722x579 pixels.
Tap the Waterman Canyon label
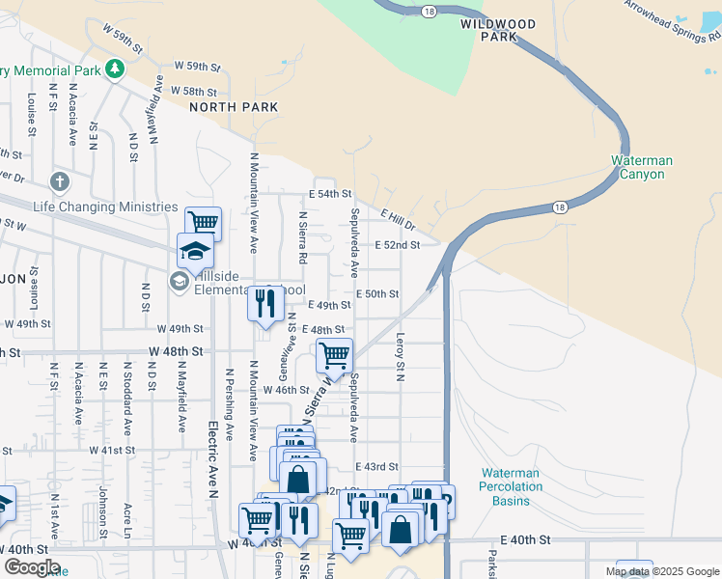coord(642,167)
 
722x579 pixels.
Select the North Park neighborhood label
coord(234,107)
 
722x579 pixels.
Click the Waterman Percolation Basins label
coord(510,486)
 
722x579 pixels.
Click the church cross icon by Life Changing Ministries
coord(60,181)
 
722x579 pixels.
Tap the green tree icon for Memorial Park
coord(115,69)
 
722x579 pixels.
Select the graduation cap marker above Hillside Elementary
coord(195,252)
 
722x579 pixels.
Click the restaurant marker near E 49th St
coord(264,302)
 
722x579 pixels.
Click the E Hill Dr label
coord(397,220)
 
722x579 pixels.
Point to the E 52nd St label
coord(397,245)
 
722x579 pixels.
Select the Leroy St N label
coord(399,356)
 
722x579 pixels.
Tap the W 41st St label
coord(112,451)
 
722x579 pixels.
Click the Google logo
coord(32,567)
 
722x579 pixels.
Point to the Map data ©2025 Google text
coord(661,571)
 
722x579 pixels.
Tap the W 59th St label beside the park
coord(197,66)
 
